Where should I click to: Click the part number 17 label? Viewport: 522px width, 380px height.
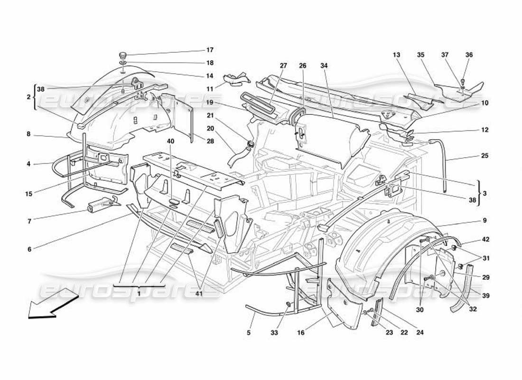tap(210, 50)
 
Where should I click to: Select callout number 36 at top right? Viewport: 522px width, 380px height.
tap(469, 55)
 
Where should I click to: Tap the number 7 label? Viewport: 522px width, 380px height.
tap(28, 222)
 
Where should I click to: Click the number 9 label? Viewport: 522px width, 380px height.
tap(485, 220)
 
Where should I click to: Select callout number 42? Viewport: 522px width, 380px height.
tap(485, 240)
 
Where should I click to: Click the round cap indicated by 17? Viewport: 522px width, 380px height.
tap(122, 55)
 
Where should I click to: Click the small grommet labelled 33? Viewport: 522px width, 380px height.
tap(289, 304)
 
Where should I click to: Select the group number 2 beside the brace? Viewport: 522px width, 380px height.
tap(29, 96)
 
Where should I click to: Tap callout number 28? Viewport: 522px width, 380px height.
tap(210, 141)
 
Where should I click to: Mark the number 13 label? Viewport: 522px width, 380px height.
tap(397, 55)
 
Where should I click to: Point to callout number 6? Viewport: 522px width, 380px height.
tap(28, 248)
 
